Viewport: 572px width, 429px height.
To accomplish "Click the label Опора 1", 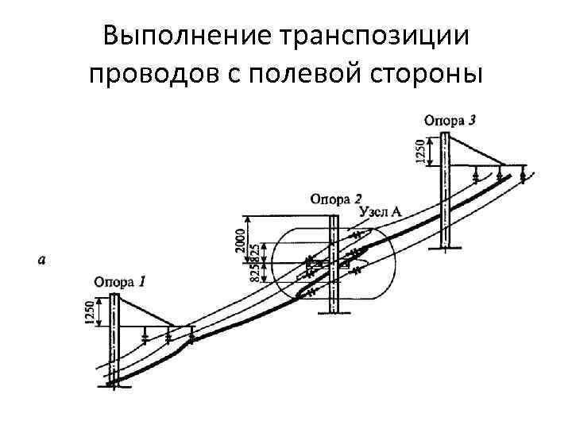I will pos(119,280).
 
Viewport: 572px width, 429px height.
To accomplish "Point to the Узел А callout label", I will pos(381,211).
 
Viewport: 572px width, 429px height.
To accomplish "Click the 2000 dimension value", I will pos(241,235).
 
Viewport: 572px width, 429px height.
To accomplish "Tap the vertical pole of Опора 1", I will pos(115,342).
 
